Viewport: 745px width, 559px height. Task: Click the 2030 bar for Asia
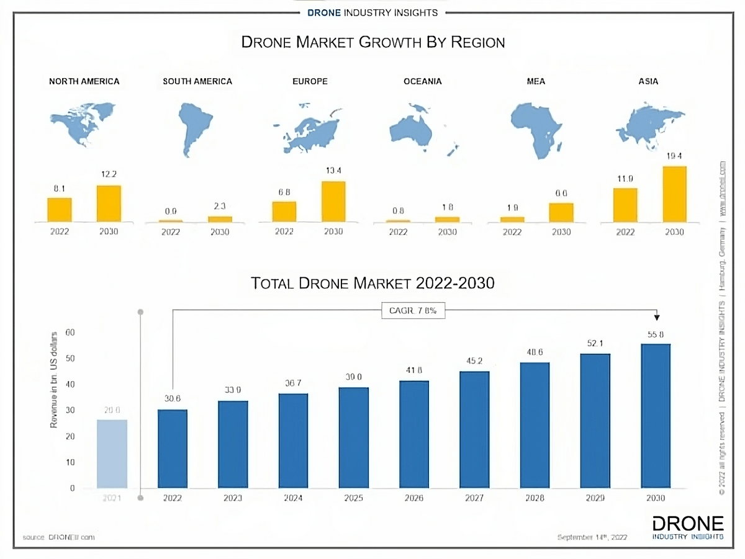(674, 194)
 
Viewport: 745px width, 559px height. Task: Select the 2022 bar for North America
(60, 210)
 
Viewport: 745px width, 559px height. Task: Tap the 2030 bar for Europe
(333, 201)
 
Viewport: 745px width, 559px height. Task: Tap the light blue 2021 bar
(112, 454)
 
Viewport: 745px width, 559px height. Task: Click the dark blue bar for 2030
(656, 416)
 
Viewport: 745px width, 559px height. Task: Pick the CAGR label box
(413, 311)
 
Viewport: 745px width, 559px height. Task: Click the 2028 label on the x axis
(535, 498)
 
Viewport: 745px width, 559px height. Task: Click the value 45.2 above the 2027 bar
(474, 360)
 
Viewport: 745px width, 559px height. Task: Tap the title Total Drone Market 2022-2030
(372, 284)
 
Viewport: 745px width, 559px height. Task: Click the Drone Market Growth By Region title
(372, 42)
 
